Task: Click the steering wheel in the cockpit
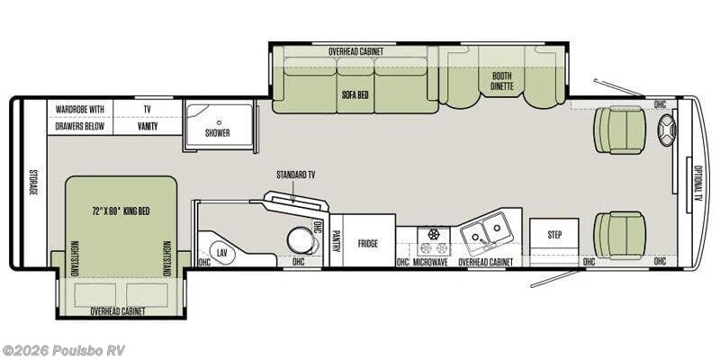(x=667, y=130)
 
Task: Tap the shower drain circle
(x=219, y=122)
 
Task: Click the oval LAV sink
(x=222, y=253)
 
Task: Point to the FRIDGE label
(x=368, y=243)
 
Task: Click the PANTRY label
(x=336, y=240)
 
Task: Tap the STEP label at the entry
(x=554, y=235)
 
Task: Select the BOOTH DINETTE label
(x=501, y=81)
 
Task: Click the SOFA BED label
(x=355, y=95)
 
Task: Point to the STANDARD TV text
(x=296, y=175)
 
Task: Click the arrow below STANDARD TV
(x=293, y=190)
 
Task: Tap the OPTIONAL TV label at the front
(x=698, y=184)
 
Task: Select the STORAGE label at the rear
(x=33, y=183)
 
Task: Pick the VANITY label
(x=148, y=126)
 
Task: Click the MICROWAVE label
(x=430, y=262)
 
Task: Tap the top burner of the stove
(x=434, y=234)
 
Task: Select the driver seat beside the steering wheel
(x=620, y=130)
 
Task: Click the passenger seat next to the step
(x=620, y=235)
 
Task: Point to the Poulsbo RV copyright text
(x=63, y=350)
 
